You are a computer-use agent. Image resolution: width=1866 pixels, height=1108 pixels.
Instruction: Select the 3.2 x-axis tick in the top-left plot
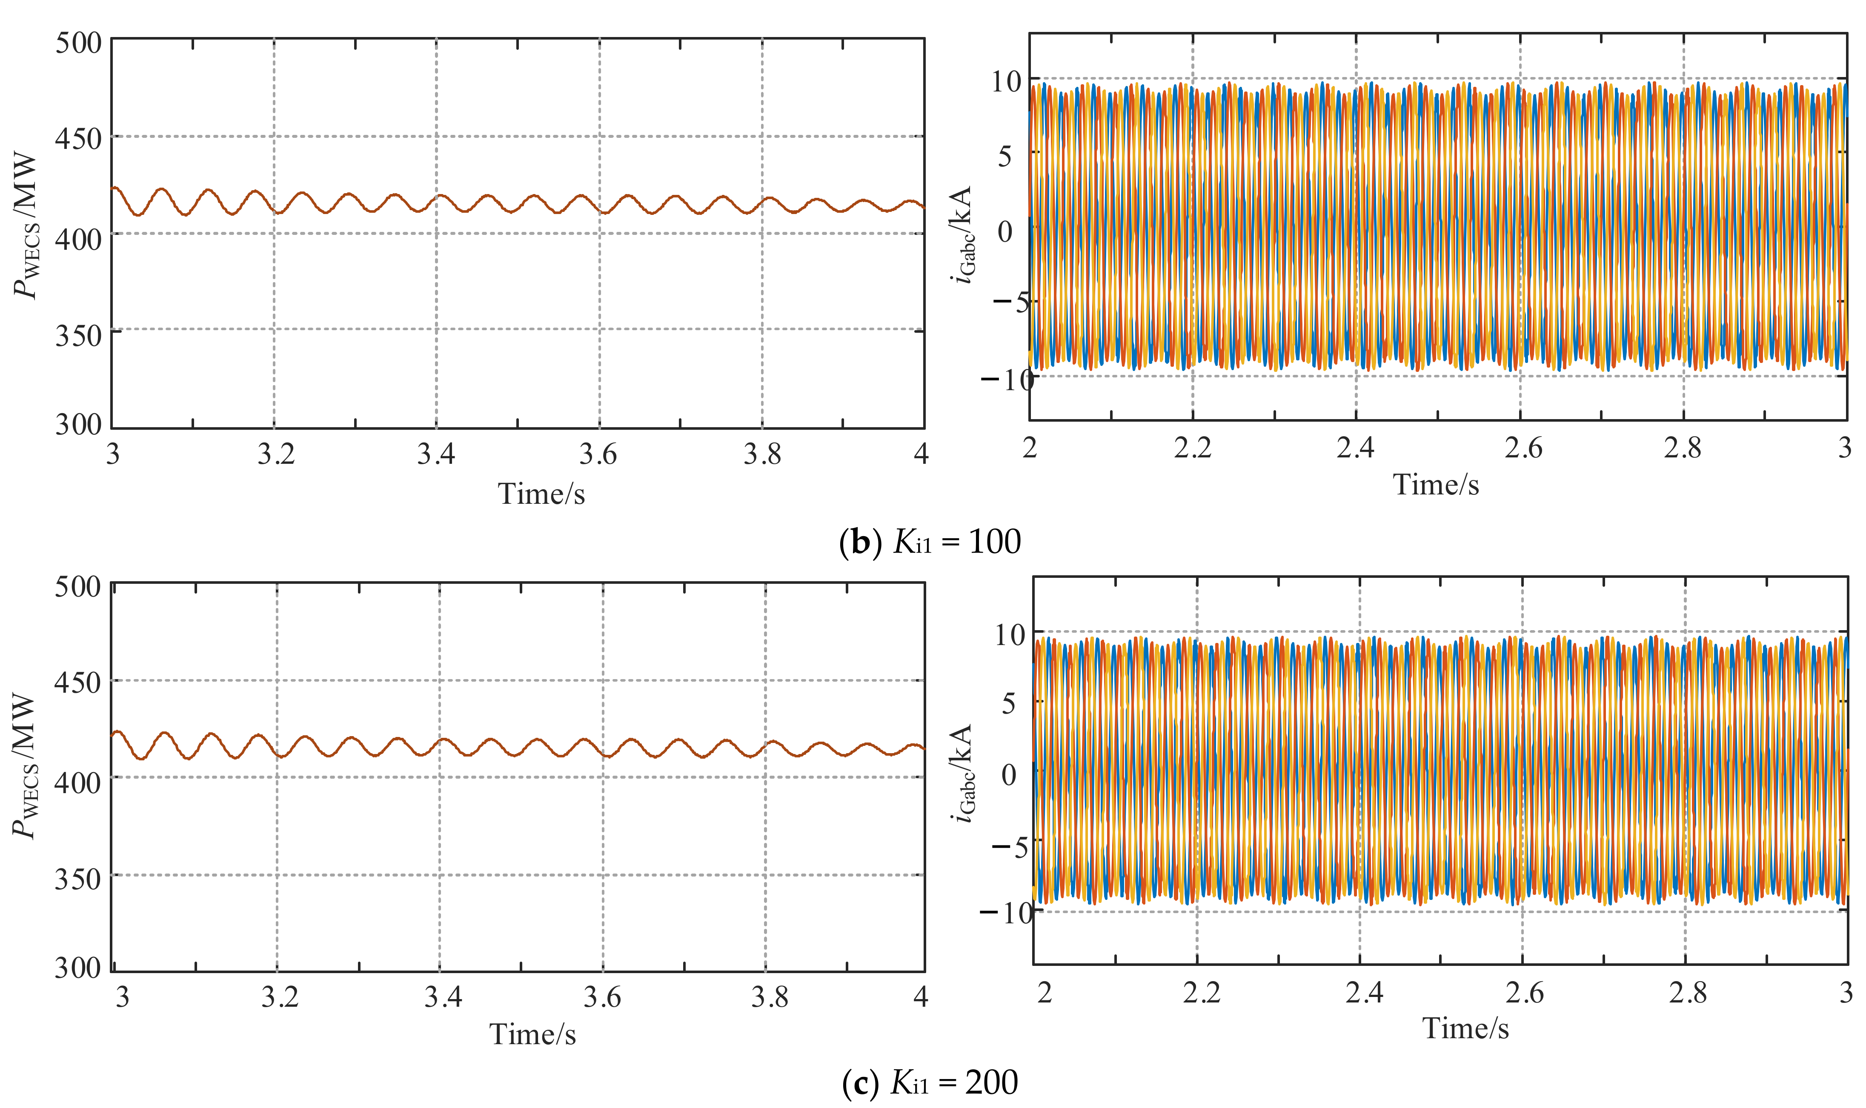coord(276,453)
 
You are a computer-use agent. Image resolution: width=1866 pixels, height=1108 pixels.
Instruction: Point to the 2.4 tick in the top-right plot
coord(1355,447)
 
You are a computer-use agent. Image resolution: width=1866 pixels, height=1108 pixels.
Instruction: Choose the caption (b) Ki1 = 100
coord(930,541)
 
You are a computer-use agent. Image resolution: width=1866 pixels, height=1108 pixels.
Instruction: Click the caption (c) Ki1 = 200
coord(930,1082)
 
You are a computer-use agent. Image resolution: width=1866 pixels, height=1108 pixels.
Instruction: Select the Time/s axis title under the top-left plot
coord(541,494)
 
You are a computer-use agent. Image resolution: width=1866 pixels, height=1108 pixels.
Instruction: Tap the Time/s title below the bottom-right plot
coord(1465,1028)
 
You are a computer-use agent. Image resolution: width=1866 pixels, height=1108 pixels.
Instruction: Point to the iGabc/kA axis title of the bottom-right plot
coord(962,773)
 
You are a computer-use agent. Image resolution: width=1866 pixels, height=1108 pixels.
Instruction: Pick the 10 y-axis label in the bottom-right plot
coord(1010,635)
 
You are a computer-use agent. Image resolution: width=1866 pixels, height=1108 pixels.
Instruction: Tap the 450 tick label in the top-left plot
coord(78,139)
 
